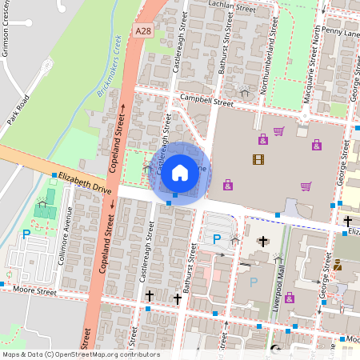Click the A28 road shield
coord(143,30)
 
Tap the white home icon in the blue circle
coord(180,172)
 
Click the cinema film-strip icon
coord(258,159)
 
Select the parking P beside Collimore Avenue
coord(26,234)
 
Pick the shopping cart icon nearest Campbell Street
coord(278,131)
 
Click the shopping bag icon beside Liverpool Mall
coord(289,298)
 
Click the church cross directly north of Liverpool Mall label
coord(263,241)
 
